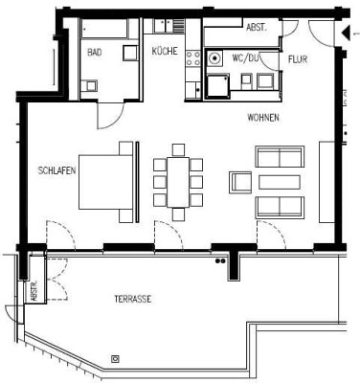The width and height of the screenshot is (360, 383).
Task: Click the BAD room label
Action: click(95, 54)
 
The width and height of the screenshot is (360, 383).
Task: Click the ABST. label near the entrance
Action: click(257, 28)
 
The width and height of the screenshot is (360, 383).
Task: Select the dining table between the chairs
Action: click(177, 182)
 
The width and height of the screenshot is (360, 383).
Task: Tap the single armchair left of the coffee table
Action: click(239, 182)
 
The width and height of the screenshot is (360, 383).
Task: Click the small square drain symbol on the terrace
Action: click(116, 359)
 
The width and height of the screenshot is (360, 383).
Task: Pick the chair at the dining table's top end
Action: click(177, 149)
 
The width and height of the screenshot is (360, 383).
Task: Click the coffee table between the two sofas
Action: click(280, 182)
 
